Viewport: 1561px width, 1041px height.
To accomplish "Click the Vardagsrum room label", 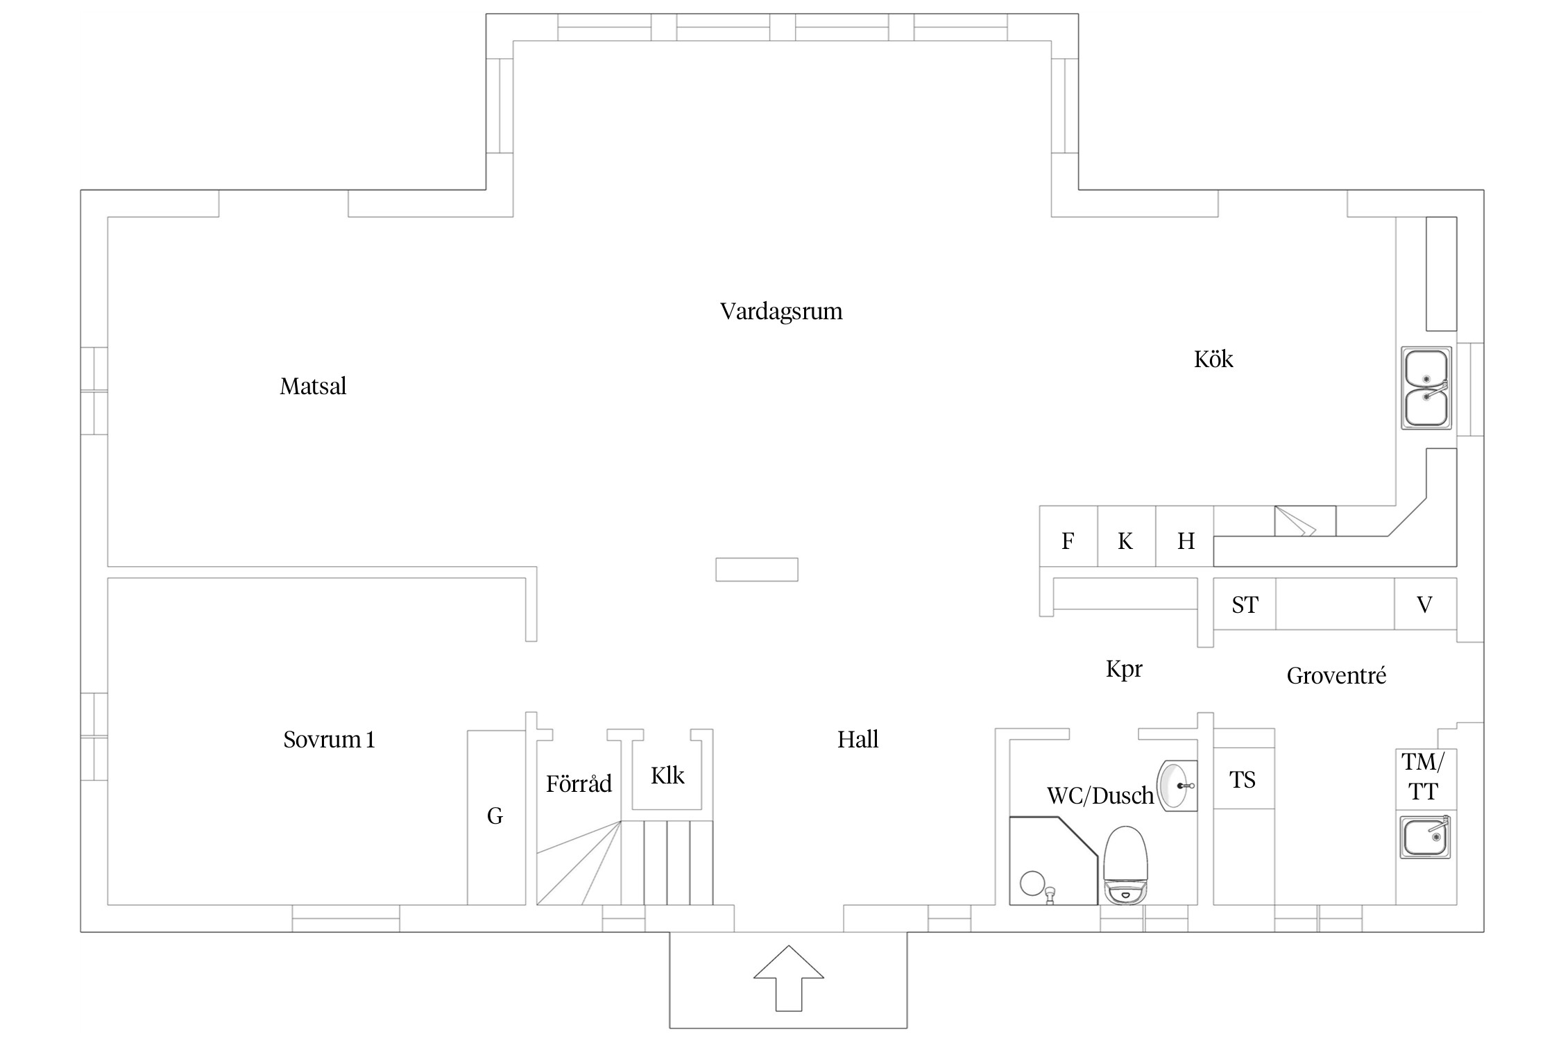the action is (x=781, y=312).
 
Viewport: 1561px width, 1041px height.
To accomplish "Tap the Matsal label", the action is (x=313, y=386).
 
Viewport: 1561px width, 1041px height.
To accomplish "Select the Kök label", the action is (x=1213, y=359).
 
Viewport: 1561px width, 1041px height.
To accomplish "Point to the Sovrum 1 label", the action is (x=329, y=739).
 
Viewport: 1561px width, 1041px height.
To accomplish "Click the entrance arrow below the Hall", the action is (x=789, y=978).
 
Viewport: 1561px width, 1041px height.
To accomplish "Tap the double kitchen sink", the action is (x=1426, y=388).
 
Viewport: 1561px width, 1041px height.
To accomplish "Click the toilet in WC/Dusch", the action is (x=1125, y=865).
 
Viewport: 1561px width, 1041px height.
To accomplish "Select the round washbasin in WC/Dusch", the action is (x=1177, y=786).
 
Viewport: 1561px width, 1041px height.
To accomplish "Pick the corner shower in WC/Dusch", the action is (x=1053, y=861).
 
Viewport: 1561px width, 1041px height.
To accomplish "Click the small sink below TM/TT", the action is (x=1425, y=837).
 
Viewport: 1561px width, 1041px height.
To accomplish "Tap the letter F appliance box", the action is (x=1068, y=536).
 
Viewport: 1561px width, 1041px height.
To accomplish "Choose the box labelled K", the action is (x=1127, y=536).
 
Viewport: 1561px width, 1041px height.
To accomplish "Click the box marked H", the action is (x=1185, y=536).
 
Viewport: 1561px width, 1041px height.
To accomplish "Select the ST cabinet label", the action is (x=1245, y=605).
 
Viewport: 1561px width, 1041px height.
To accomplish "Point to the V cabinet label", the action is (x=1424, y=605).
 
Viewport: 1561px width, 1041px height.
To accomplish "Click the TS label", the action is (x=1243, y=780).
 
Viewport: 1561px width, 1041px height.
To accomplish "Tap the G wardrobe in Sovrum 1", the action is (x=496, y=818).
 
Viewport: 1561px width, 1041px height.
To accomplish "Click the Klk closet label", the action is (x=667, y=775).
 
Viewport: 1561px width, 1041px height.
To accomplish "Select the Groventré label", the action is (x=1336, y=675).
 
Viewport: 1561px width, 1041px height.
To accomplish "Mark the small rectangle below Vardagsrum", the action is (x=757, y=569).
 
